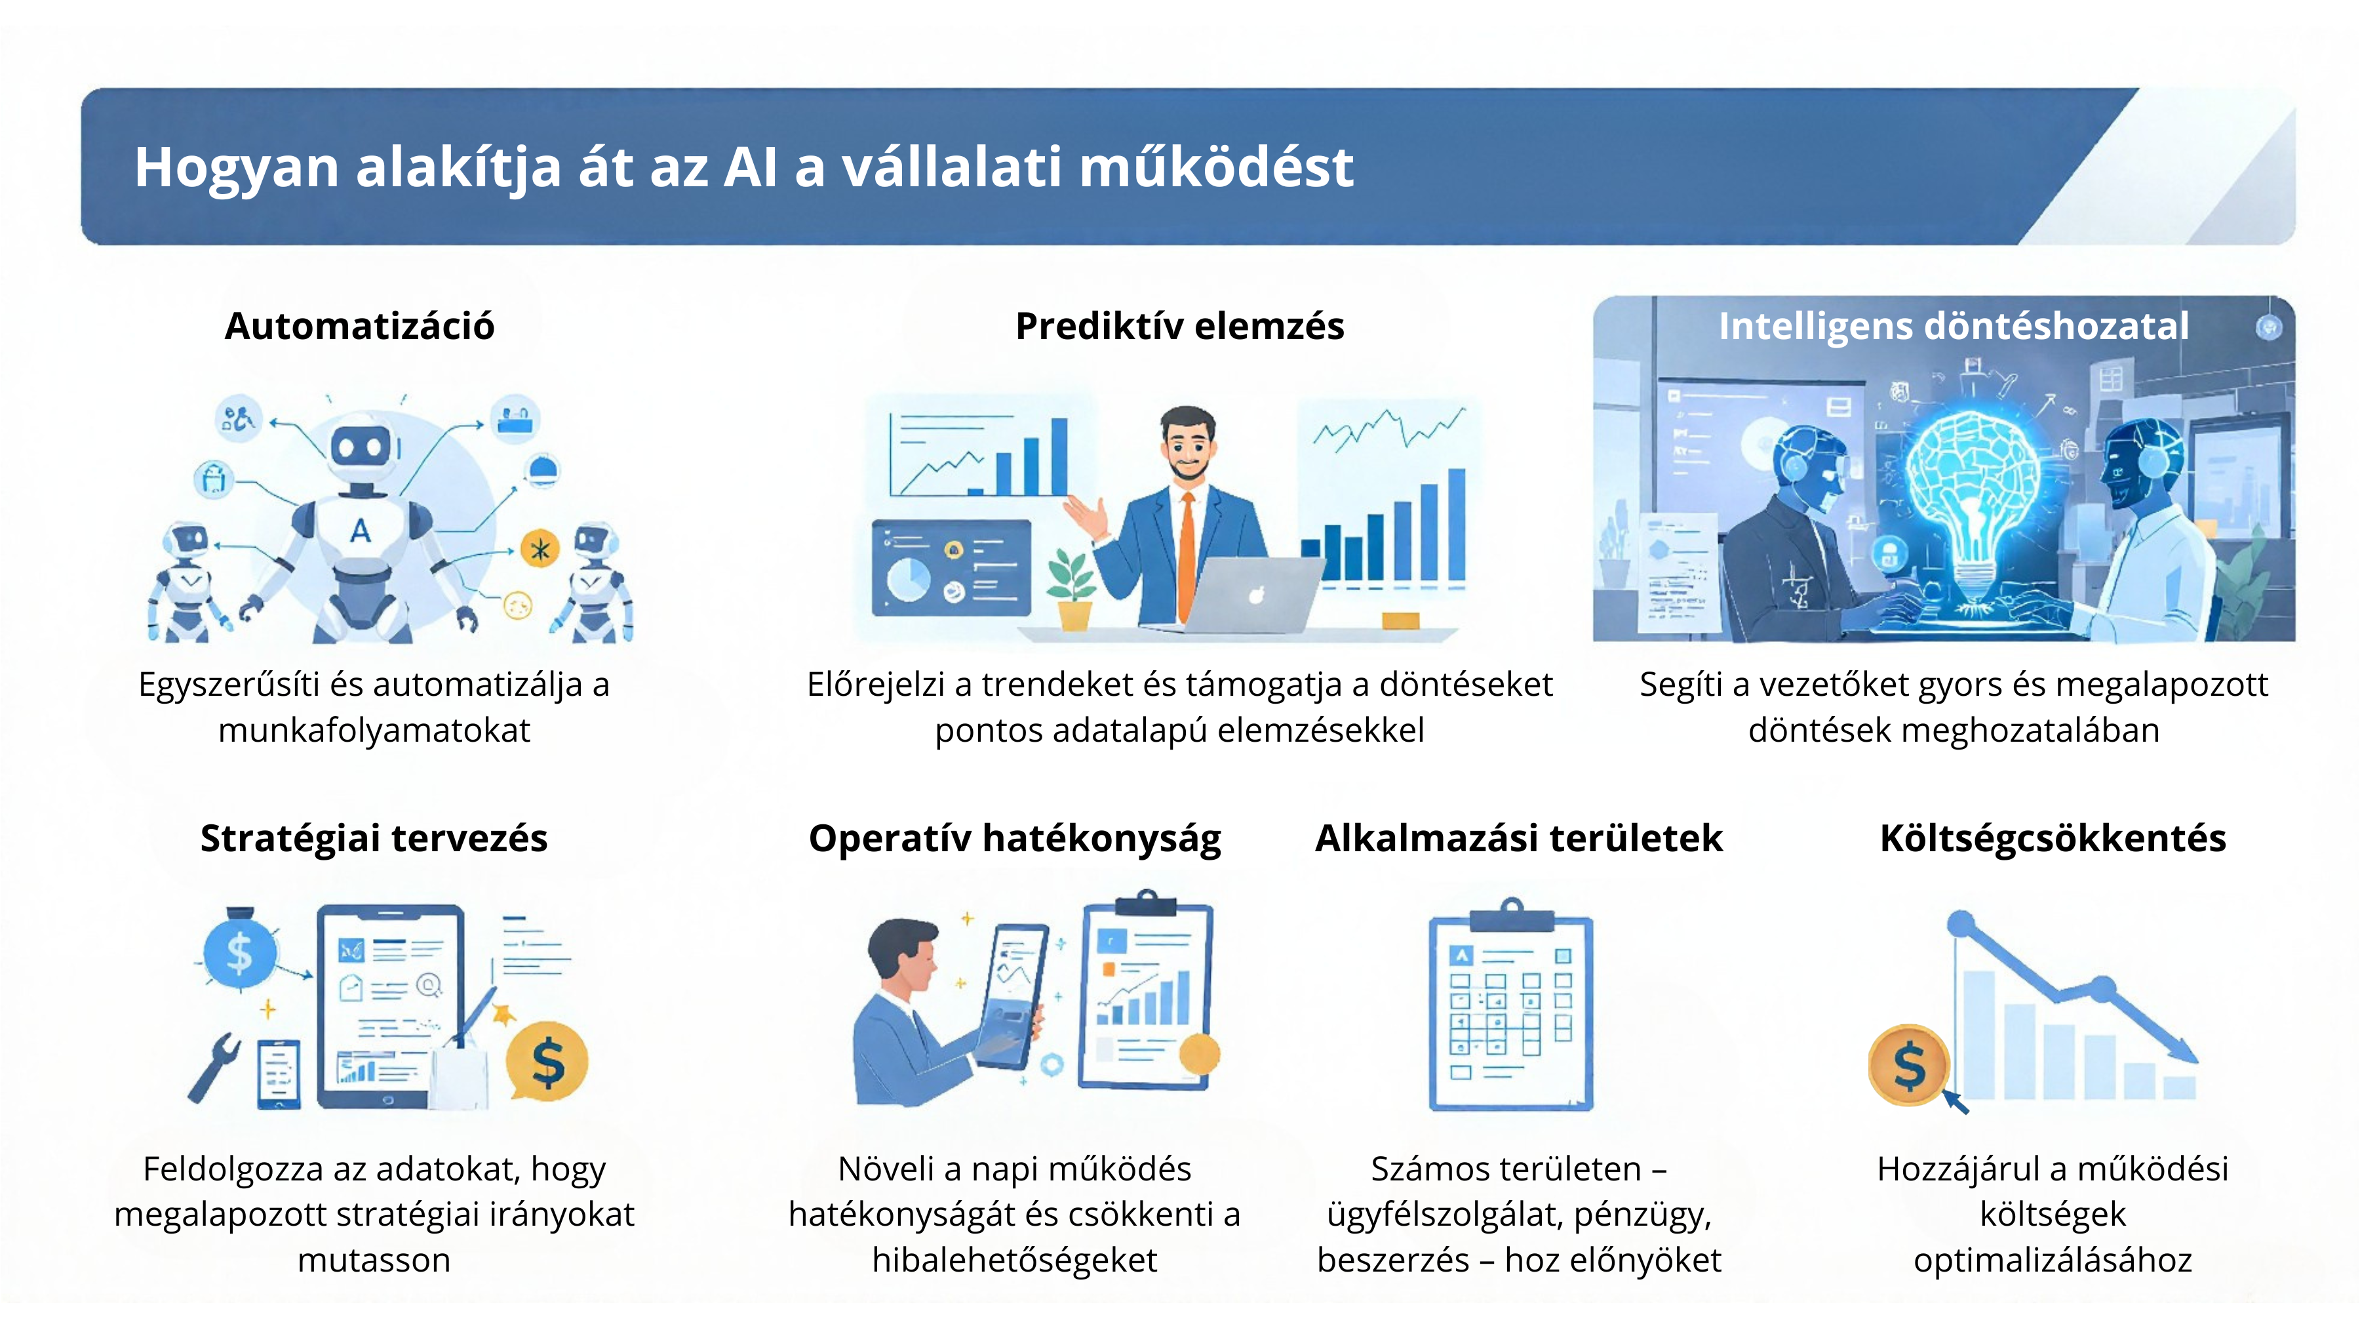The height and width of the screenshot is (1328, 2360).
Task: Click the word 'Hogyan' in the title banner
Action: click(x=237, y=169)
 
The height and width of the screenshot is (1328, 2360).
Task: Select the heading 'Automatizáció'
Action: click(x=359, y=327)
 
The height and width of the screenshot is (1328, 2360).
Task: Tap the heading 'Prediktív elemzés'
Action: click(x=1180, y=327)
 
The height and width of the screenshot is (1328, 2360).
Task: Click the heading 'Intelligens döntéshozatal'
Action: click(x=1954, y=327)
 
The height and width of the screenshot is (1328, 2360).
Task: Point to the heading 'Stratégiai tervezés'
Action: click(x=374, y=839)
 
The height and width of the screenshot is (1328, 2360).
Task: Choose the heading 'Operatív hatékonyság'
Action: click(x=1014, y=839)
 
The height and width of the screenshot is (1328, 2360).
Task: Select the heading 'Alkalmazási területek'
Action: click(x=1519, y=839)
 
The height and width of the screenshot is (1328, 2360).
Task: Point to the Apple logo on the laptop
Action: click(x=1257, y=595)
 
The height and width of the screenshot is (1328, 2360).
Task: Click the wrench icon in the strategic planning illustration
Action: click(x=214, y=1066)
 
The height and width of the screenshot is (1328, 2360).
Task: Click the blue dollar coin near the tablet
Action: click(x=239, y=953)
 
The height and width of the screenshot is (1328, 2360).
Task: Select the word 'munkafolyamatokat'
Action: click(x=374, y=731)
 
